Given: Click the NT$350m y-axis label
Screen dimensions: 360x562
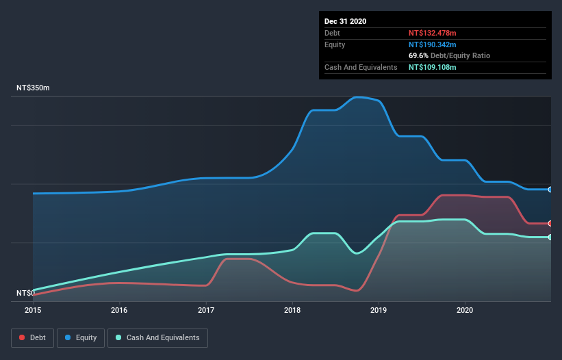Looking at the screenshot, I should coord(34,88).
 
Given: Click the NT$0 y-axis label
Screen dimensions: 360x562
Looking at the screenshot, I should coord(26,293).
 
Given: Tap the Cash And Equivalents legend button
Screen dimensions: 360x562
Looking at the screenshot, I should coord(157,337).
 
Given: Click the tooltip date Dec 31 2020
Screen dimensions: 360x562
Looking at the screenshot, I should coord(345,21).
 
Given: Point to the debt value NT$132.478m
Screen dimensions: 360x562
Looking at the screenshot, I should coord(432,33).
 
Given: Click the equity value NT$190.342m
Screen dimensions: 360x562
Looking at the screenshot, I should coord(432,44).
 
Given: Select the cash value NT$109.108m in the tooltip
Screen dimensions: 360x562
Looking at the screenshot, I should coord(432,67).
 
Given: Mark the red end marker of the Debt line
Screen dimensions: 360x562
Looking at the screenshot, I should coord(550,223).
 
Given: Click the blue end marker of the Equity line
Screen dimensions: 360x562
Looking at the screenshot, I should coord(550,190).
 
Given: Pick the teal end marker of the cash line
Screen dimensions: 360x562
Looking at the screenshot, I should coord(550,237).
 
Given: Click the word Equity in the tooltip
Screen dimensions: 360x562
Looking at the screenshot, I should coord(335,44).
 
